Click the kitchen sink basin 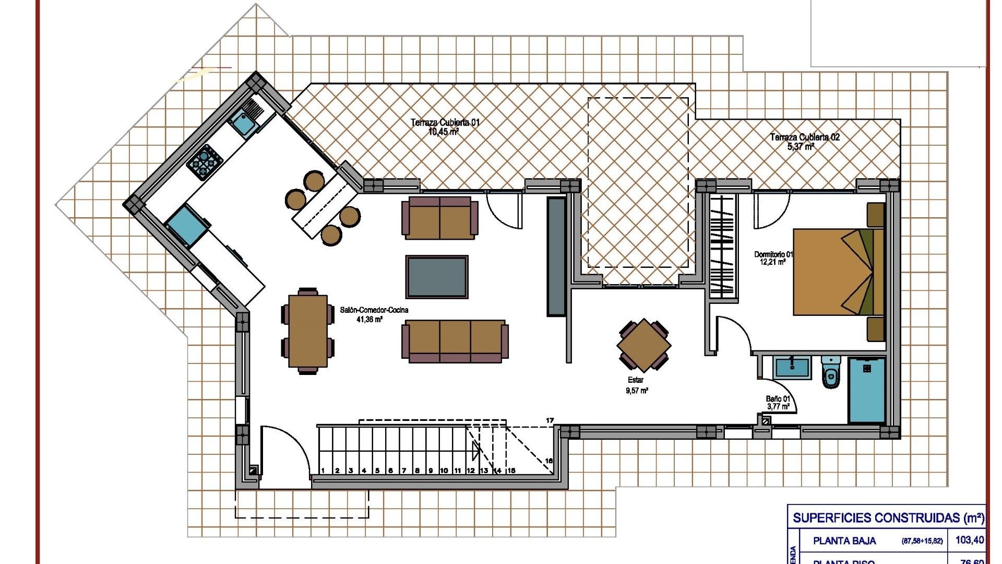tap(242, 123)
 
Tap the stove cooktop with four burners tap(205, 161)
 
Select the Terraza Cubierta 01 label tap(445, 123)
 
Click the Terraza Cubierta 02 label tap(805, 137)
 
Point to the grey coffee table tap(437, 277)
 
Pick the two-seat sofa tap(440, 218)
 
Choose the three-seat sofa tap(455, 342)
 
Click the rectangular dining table tap(308, 331)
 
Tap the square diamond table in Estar tap(643, 345)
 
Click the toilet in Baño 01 tap(831, 372)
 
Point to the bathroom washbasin tap(792, 368)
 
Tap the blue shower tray tap(866, 390)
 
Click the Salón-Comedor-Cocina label tap(374, 310)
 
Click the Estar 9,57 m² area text tap(637, 390)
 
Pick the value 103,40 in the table tap(969, 540)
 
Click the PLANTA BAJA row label tap(844, 541)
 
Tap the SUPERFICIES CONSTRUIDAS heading tap(887, 518)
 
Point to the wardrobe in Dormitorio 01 tap(722, 245)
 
